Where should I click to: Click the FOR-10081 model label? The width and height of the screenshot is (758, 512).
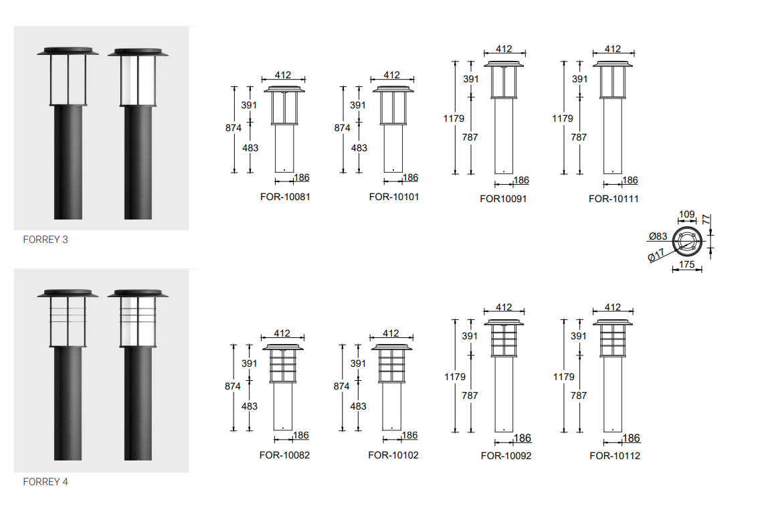[x=285, y=197]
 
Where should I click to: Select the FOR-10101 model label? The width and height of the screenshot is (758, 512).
[x=394, y=197]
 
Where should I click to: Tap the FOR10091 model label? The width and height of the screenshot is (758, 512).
[x=503, y=199]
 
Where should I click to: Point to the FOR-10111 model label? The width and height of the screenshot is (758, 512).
[x=613, y=199]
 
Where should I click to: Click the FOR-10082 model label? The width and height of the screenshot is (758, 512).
[x=284, y=455]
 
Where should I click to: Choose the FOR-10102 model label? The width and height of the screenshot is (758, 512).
[x=393, y=455]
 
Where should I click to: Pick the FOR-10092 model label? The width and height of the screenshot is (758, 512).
[x=506, y=455]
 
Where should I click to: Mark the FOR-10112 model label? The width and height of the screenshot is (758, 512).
[x=615, y=455]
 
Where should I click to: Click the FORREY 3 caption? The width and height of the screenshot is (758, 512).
[x=45, y=240]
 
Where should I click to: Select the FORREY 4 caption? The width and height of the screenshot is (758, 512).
[x=45, y=481]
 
